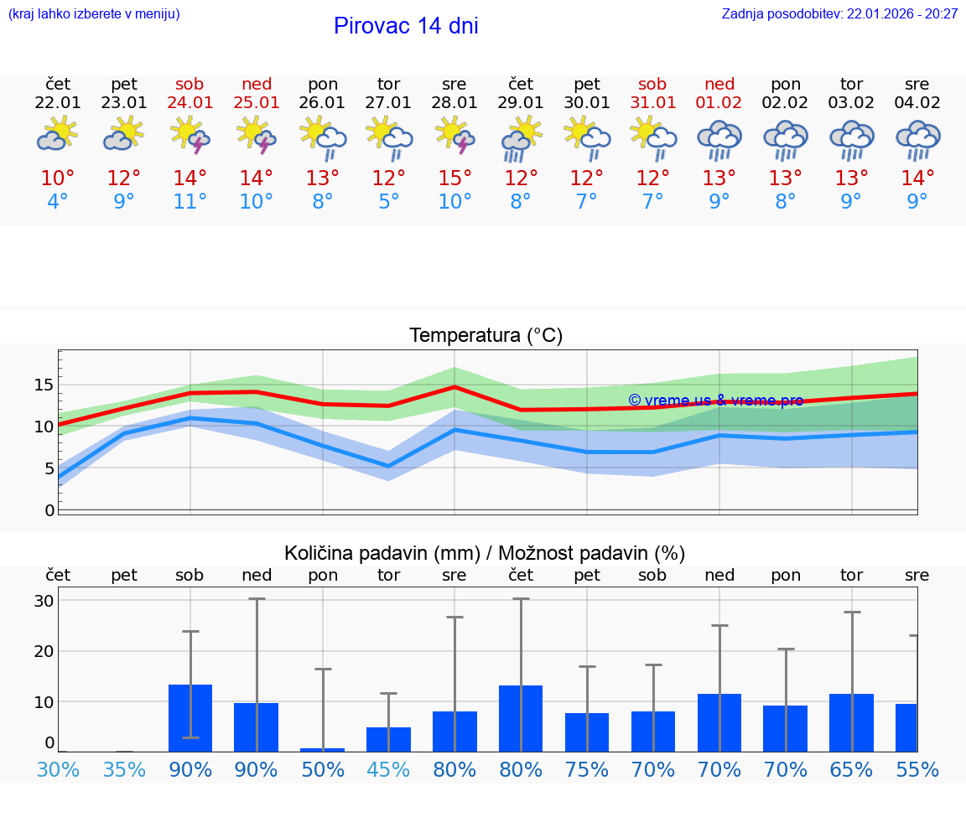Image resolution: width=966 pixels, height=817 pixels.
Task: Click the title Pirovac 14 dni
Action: click(x=406, y=26)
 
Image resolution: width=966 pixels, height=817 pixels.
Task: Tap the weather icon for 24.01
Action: click(x=190, y=135)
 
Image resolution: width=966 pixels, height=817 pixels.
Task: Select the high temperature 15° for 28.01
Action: click(x=454, y=178)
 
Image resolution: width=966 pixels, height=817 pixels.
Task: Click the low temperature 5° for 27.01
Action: click(x=388, y=201)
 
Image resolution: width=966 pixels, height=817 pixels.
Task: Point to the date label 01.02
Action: click(x=719, y=103)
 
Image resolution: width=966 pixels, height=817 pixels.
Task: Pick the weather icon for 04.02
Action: click(x=917, y=139)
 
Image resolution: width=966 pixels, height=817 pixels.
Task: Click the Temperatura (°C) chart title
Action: click(x=486, y=336)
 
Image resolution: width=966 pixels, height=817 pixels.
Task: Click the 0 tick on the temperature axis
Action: click(x=49, y=509)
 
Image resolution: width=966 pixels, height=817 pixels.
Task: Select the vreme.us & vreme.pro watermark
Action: click(x=715, y=401)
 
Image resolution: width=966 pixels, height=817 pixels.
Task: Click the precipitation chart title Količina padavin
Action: click(x=485, y=553)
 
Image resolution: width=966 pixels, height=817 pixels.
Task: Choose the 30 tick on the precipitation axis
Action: click(x=44, y=601)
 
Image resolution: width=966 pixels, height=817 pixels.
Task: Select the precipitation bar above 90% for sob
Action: click(x=190, y=718)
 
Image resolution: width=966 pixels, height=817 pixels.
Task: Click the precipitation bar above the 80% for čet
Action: click(x=521, y=718)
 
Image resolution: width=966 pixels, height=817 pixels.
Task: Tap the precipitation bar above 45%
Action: click(x=388, y=739)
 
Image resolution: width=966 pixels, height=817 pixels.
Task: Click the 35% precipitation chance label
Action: click(x=124, y=769)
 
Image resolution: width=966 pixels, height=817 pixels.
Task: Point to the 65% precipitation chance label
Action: click(x=851, y=769)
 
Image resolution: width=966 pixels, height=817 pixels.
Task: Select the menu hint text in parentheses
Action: click(x=94, y=13)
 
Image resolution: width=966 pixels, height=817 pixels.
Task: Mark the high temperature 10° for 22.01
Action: click(x=58, y=178)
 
